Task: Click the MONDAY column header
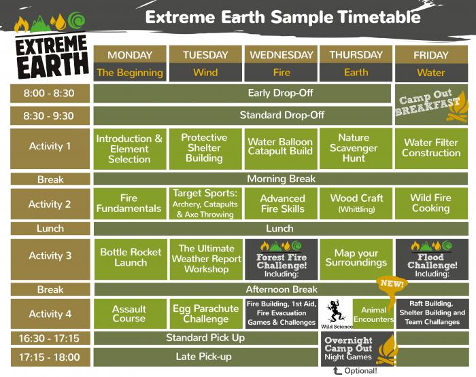click(x=129, y=55)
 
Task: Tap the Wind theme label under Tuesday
click(x=205, y=73)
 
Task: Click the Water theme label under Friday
click(x=430, y=73)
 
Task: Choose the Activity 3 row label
click(x=50, y=257)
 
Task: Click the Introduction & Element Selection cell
click(x=129, y=149)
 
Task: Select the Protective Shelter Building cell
click(x=205, y=148)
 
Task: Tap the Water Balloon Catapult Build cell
click(x=280, y=147)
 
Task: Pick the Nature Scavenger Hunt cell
click(x=355, y=148)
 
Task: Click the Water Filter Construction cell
click(x=431, y=148)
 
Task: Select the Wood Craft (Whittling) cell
click(x=355, y=203)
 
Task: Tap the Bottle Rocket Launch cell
click(x=129, y=257)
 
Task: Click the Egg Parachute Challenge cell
click(x=205, y=313)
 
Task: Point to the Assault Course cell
click(x=129, y=313)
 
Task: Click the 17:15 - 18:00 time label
click(x=50, y=357)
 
